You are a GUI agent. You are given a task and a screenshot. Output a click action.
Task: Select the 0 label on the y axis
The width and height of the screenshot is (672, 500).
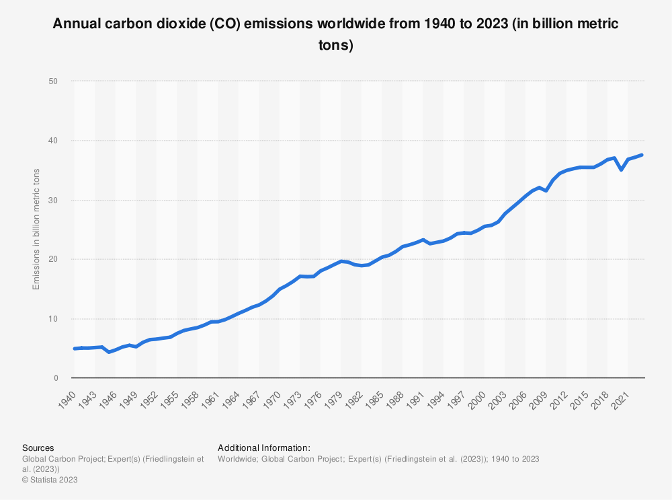57,378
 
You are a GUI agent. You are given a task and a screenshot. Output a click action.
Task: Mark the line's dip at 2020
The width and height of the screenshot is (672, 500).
622,170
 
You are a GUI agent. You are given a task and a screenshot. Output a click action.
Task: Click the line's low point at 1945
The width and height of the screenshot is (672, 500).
109,352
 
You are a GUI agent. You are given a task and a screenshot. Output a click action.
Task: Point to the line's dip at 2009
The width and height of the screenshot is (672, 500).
546,190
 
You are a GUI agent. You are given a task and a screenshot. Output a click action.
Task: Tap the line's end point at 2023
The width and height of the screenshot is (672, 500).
642,155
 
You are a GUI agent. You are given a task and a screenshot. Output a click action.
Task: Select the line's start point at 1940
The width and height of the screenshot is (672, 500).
75,349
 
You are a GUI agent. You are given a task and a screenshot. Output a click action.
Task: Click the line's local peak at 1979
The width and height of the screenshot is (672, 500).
341,261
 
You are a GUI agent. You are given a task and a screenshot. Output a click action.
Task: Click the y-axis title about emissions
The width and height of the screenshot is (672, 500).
37,229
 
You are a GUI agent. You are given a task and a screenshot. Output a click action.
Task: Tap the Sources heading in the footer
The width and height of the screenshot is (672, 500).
38,448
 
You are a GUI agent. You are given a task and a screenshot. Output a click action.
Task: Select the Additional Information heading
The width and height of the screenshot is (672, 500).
263,448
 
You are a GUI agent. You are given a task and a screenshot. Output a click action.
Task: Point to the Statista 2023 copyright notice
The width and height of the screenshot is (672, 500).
50,480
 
